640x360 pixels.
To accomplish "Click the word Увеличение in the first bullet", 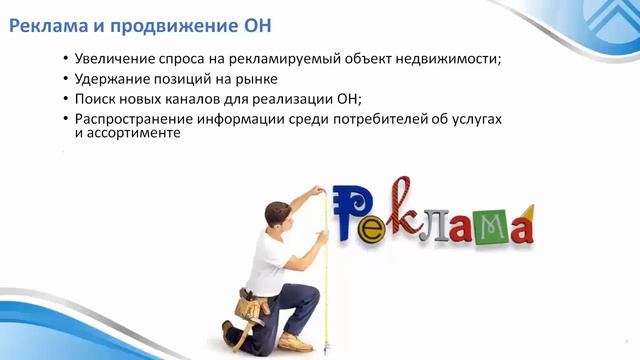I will pos(116,59).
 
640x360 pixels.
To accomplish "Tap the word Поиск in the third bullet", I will pos(97,99).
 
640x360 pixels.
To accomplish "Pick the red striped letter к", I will pos(402,205).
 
